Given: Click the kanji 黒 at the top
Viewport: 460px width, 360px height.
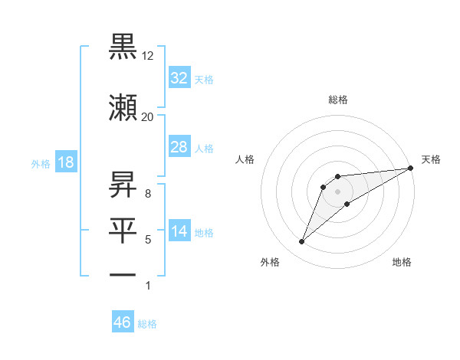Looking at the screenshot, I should [123, 47].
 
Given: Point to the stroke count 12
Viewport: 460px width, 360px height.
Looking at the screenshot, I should [148, 56].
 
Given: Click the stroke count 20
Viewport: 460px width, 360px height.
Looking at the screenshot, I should [148, 116].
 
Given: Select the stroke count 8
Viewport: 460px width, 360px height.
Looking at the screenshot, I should [148, 194].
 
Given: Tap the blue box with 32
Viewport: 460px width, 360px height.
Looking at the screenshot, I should [179, 78].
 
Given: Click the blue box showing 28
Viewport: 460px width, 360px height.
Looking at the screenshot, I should [179, 147].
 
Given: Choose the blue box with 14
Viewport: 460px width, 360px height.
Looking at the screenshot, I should [179, 232].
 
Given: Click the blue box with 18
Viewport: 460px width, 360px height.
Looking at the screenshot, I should [65, 162].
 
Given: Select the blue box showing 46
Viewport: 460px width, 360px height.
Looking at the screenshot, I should [123, 322].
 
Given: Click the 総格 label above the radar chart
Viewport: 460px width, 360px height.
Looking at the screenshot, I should [338, 100].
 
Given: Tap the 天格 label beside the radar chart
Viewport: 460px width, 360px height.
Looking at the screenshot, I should [431, 159].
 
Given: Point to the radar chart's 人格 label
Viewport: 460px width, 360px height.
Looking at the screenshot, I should [245, 159].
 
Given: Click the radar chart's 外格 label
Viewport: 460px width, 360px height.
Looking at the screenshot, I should [270, 263].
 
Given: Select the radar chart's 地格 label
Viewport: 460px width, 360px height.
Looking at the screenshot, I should [402, 263].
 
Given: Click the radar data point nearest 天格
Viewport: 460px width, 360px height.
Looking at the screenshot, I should [410, 168].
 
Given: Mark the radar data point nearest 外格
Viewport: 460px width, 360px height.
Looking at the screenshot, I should [301, 242].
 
